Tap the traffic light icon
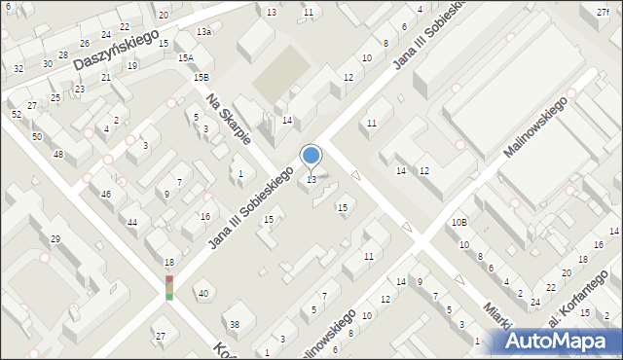click(169, 287)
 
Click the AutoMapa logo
click(558, 341)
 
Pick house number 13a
click(203, 32)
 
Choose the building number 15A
click(185, 58)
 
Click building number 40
click(202, 294)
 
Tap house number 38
click(234, 324)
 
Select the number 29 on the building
click(55, 239)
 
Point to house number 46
click(106, 195)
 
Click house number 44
click(132, 223)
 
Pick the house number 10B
click(458, 223)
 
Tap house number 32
click(18, 68)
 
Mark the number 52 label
click(16, 115)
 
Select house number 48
click(58, 155)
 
